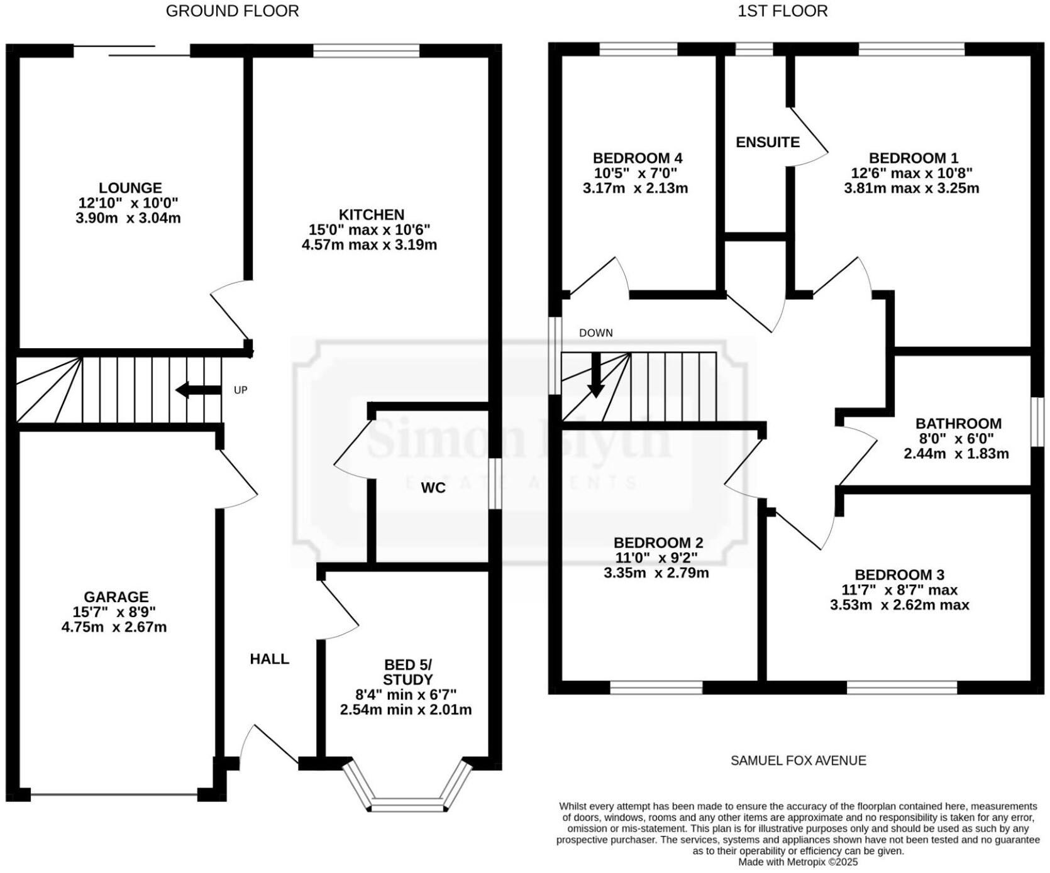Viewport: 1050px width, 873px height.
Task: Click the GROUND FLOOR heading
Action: point(232,11)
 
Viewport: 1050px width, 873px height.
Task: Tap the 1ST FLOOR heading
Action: point(782,11)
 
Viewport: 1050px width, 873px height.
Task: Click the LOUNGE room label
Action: point(130,188)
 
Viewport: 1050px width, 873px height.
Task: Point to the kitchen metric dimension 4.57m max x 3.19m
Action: point(369,245)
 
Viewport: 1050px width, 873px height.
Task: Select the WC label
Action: point(433,488)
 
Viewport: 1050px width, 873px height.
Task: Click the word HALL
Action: point(269,659)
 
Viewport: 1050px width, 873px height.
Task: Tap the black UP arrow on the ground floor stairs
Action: point(197,390)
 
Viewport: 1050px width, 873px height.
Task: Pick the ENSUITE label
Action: point(768,143)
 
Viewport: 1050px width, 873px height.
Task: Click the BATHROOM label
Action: point(958,424)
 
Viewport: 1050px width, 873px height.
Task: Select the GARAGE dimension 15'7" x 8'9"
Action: point(114,612)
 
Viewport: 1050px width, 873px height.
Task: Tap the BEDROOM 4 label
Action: point(638,158)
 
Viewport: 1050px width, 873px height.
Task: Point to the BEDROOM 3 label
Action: point(899,574)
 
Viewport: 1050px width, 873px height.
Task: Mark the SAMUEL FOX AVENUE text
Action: point(798,760)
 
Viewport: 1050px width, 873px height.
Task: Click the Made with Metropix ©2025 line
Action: point(797,862)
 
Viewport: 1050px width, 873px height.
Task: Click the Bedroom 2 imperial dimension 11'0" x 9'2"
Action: point(656,558)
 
